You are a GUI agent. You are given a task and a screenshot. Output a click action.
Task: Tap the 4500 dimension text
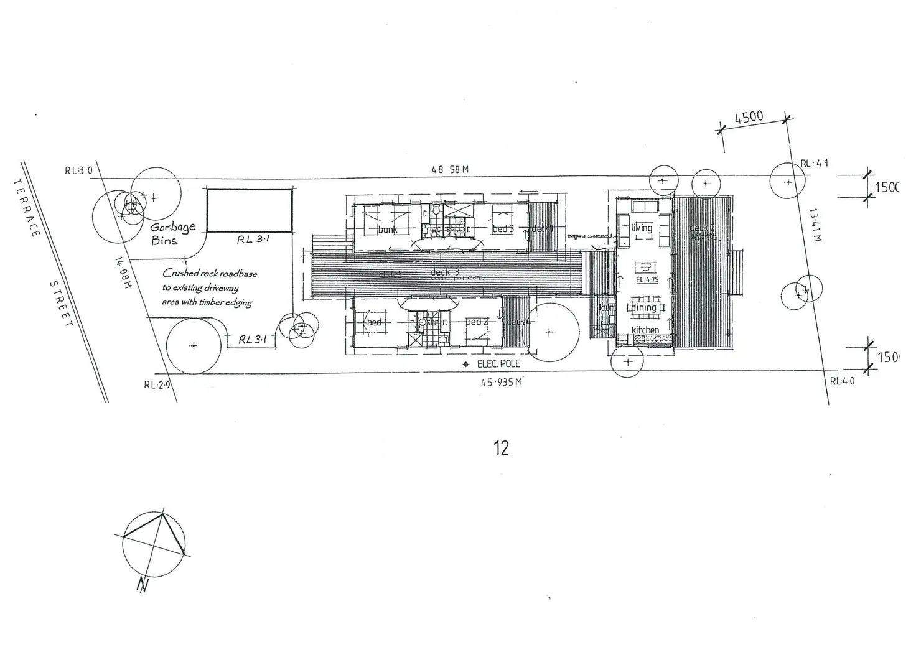pyautogui.click(x=749, y=117)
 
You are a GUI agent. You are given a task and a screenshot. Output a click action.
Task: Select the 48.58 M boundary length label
pyautogui.click(x=450, y=169)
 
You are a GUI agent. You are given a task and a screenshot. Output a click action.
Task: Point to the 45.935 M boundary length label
pyautogui.click(x=501, y=383)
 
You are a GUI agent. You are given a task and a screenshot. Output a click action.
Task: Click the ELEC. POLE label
pyautogui.click(x=498, y=364)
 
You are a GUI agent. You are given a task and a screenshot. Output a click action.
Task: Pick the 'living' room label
pyautogui.click(x=642, y=228)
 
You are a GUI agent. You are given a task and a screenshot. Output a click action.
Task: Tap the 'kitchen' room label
pyautogui.click(x=645, y=330)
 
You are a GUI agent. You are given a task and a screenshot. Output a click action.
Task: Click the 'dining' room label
pyautogui.click(x=644, y=308)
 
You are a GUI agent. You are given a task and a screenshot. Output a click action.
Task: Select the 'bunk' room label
pyautogui.click(x=387, y=230)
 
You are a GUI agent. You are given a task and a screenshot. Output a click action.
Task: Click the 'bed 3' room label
pyautogui.click(x=503, y=229)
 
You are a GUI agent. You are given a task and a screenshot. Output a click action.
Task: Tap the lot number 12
pyautogui.click(x=501, y=448)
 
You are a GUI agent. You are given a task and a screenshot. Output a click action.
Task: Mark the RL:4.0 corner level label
pyautogui.click(x=842, y=381)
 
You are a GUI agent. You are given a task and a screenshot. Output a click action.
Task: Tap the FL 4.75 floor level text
pyautogui.click(x=647, y=280)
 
